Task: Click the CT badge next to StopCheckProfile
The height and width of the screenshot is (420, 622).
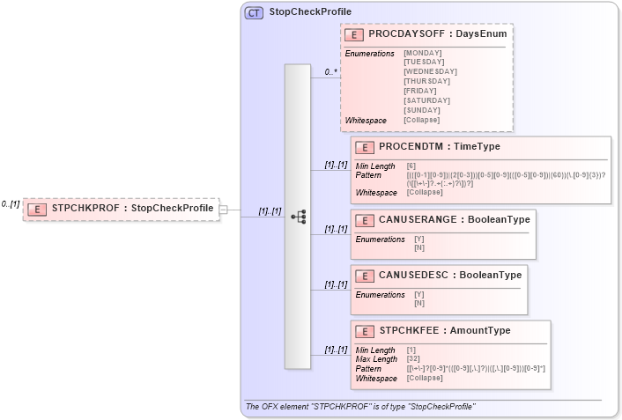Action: point(254,12)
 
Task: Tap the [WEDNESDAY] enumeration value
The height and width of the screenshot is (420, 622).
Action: point(430,71)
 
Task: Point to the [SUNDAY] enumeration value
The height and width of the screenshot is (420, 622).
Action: point(422,109)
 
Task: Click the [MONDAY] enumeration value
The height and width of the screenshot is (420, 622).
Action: point(423,53)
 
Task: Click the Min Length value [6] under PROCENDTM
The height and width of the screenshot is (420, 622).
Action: point(411,166)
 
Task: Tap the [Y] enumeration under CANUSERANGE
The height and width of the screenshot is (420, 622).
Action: point(418,239)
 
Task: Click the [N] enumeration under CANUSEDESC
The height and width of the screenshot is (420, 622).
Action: point(418,303)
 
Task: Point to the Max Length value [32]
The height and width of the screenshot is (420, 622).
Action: point(413,359)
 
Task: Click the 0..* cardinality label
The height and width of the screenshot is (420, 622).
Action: point(331,72)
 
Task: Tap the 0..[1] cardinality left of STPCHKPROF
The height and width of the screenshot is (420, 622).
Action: point(11,203)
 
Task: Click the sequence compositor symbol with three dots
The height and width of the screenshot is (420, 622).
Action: point(297,216)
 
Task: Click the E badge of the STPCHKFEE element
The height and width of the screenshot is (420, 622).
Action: point(364,331)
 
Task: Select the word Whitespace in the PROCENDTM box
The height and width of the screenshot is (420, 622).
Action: point(375,193)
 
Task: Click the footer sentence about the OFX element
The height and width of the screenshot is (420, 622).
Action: point(359,407)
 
